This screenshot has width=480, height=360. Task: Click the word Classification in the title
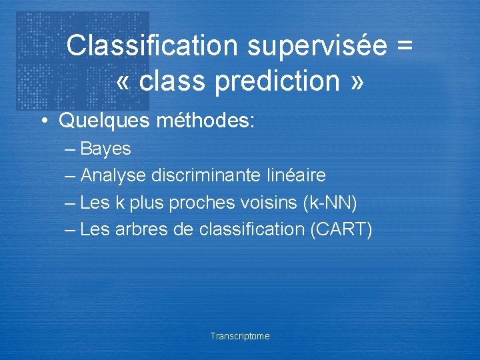tap(152, 46)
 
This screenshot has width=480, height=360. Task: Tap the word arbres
tap(141, 229)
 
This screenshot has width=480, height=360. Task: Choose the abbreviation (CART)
tap(341, 229)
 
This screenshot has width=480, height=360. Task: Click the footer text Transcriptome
tap(240, 337)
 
